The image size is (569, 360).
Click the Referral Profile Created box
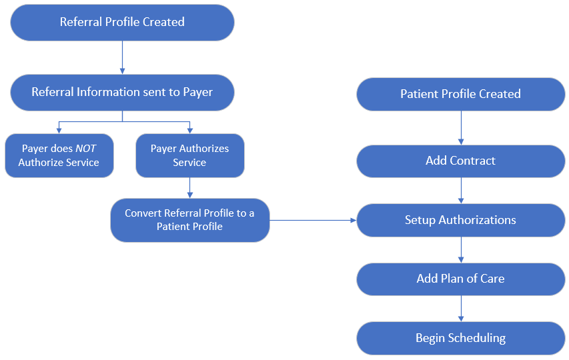(122, 22)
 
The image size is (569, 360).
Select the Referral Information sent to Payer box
(122, 92)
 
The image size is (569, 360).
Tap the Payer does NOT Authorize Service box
(59, 155)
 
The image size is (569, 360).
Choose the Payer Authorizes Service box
(189, 155)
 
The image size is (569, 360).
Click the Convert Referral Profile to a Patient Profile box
(189, 219)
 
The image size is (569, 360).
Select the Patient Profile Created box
(460, 94)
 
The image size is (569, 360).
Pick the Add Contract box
(460, 161)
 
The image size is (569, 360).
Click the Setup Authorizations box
(460, 220)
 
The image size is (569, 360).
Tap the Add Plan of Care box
(460, 279)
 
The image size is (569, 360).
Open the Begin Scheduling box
(460, 338)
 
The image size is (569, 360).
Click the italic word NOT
(85, 149)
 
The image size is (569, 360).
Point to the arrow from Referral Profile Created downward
(122, 57)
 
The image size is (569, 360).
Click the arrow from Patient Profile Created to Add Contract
(460, 127)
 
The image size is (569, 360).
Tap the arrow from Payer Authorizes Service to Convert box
(189, 187)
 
